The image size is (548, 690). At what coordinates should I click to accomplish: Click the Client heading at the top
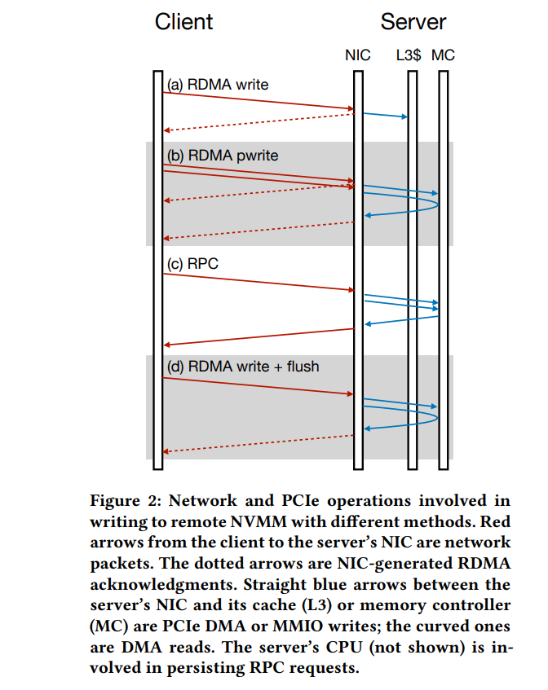[x=183, y=22]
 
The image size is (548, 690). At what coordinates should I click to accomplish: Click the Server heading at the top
[x=413, y=22]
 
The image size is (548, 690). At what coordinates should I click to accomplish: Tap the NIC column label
[x=357, y=55]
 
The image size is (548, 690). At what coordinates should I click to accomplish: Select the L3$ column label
[x=409, y=55]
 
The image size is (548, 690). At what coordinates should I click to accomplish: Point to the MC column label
[x=444, y=55]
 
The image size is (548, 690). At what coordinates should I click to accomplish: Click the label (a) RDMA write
[x=218, y=84]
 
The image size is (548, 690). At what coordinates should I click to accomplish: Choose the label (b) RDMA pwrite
[x=223, y=155]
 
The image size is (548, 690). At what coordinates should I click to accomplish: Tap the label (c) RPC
[x=192, y=264]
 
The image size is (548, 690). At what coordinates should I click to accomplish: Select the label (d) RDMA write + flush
[x=243, y=367]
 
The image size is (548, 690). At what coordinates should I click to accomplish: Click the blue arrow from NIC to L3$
[x=384, y=115]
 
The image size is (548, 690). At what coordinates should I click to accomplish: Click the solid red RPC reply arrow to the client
[x=259, y=337]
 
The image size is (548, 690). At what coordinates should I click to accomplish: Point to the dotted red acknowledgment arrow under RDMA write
[x=259, y=122]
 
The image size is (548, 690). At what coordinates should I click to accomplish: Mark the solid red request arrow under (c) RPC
[x=259, y=281]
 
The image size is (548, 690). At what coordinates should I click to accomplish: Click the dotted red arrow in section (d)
[x=259, y=445]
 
